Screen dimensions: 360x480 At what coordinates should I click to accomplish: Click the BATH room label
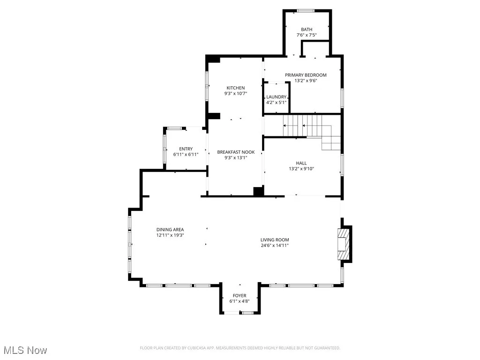click(307, 30)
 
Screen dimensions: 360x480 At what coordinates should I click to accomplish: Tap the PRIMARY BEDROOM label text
click(306, 75)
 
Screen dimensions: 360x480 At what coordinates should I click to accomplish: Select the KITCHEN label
click(235, 88)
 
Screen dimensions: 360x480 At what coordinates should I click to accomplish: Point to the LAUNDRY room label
click(276, 97)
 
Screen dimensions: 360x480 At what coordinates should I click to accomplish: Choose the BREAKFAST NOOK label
click(235, 152)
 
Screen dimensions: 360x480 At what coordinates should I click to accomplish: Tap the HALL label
click(301, 163)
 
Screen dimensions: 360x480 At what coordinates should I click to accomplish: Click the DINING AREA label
click(170, 230)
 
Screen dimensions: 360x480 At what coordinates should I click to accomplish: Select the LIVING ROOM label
click(275, 240)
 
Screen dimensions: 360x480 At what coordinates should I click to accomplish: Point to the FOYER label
click(239, 296)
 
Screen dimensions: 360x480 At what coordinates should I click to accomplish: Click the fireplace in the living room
click(345, 243)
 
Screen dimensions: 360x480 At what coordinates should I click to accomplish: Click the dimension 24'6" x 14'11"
click(275, 245)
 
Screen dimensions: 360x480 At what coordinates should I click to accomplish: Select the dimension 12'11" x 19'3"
click(170, 235)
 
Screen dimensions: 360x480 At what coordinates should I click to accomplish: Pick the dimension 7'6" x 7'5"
click(307, 35)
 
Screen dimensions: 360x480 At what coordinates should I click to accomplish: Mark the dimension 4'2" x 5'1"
click(276, 102)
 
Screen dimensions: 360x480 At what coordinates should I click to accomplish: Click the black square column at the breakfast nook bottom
click(258, 191)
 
